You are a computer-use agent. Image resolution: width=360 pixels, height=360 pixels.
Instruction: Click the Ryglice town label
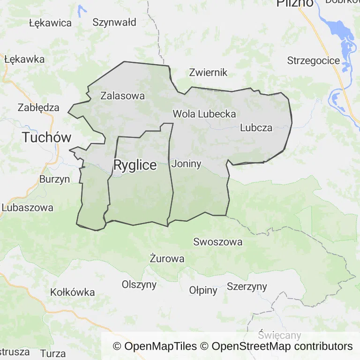135,165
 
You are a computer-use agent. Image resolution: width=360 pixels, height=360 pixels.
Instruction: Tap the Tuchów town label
47,137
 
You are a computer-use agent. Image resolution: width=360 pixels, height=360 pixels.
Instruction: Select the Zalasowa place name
123,96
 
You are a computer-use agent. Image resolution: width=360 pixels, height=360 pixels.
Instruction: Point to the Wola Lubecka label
204,113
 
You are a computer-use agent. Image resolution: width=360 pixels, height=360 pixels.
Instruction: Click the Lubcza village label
256,127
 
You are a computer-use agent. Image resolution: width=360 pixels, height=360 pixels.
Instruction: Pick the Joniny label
187,164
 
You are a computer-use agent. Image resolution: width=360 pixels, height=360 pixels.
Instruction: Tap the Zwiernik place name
208,72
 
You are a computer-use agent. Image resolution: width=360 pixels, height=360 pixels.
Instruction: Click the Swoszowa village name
218,242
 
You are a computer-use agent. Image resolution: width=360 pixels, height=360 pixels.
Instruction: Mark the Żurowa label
167,258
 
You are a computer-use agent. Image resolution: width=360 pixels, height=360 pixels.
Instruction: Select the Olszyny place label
139,285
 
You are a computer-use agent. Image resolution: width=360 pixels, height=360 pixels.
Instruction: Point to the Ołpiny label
203,290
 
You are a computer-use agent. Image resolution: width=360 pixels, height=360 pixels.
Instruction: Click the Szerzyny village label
247,286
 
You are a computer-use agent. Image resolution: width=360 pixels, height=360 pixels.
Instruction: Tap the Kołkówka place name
73,292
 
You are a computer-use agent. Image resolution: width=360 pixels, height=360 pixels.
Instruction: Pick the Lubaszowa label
27,207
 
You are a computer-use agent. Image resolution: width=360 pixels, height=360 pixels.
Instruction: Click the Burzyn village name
54,179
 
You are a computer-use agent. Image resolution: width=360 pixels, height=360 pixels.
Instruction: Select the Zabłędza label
38,107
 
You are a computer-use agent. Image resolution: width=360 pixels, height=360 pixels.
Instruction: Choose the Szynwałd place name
114,22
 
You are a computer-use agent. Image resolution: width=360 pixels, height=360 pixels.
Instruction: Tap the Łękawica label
50,23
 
